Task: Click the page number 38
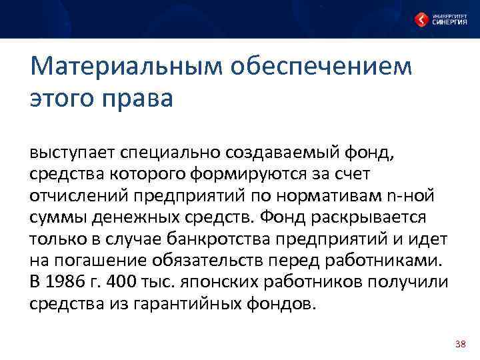click(459, 343)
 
